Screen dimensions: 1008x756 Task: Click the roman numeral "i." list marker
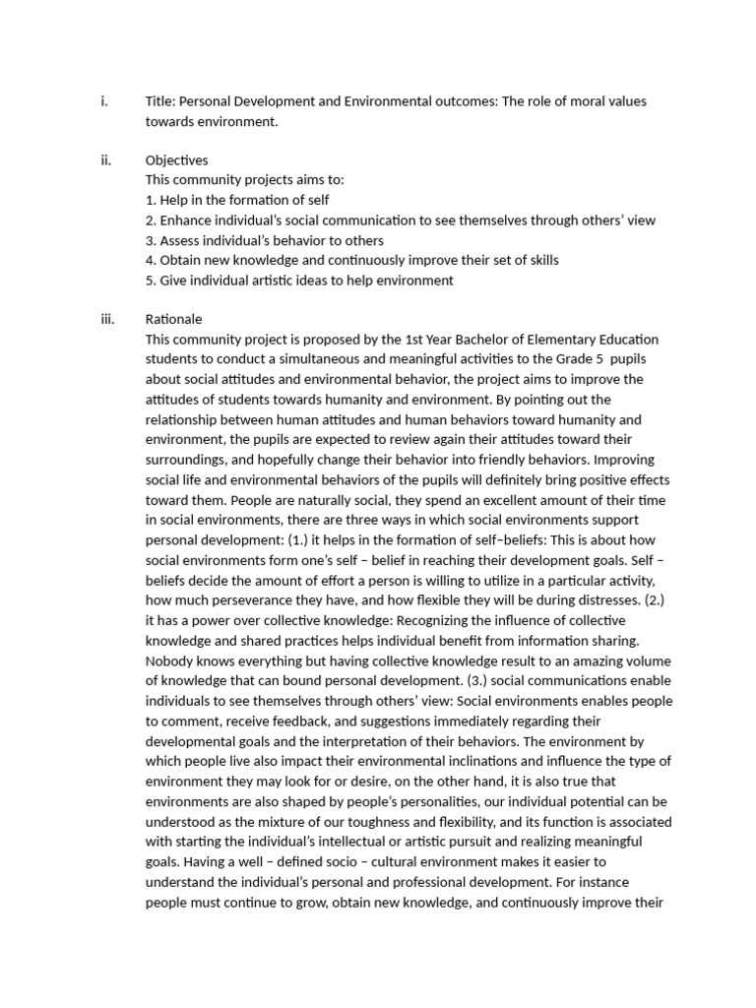coord(103,101)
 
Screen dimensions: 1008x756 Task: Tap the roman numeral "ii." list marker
coord(105,160)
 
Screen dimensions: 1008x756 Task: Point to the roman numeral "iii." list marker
coord(107,320)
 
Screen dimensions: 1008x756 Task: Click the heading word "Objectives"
coord(176,160)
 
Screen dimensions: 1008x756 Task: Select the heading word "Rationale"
coord(173,320)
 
